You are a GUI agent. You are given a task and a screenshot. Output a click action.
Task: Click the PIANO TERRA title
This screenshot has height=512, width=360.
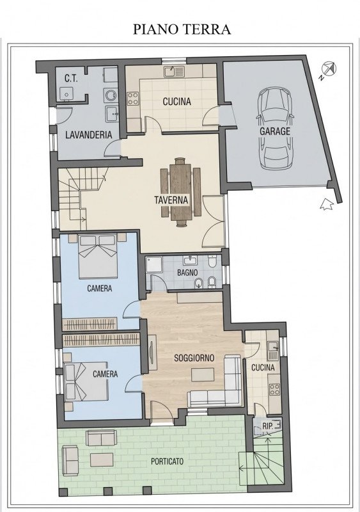coord(182,29)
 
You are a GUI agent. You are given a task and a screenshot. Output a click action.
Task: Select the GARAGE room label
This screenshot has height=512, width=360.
coord(274,131)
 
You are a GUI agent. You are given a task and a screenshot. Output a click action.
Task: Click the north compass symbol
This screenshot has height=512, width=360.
coord(328,68)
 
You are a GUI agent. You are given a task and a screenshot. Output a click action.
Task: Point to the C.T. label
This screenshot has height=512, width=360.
coord(71,79)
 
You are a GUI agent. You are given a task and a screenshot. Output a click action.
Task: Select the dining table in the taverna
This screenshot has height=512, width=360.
coord(181,191)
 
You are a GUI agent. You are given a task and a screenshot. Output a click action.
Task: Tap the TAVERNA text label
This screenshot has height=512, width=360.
coord(171,200)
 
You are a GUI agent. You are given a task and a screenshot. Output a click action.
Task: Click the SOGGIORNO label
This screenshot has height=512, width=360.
coord(194,358)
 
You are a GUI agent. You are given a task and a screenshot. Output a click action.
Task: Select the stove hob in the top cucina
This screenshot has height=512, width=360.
coord(134,99)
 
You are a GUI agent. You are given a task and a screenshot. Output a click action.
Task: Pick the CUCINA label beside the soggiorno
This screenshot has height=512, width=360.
coord(262,367)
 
